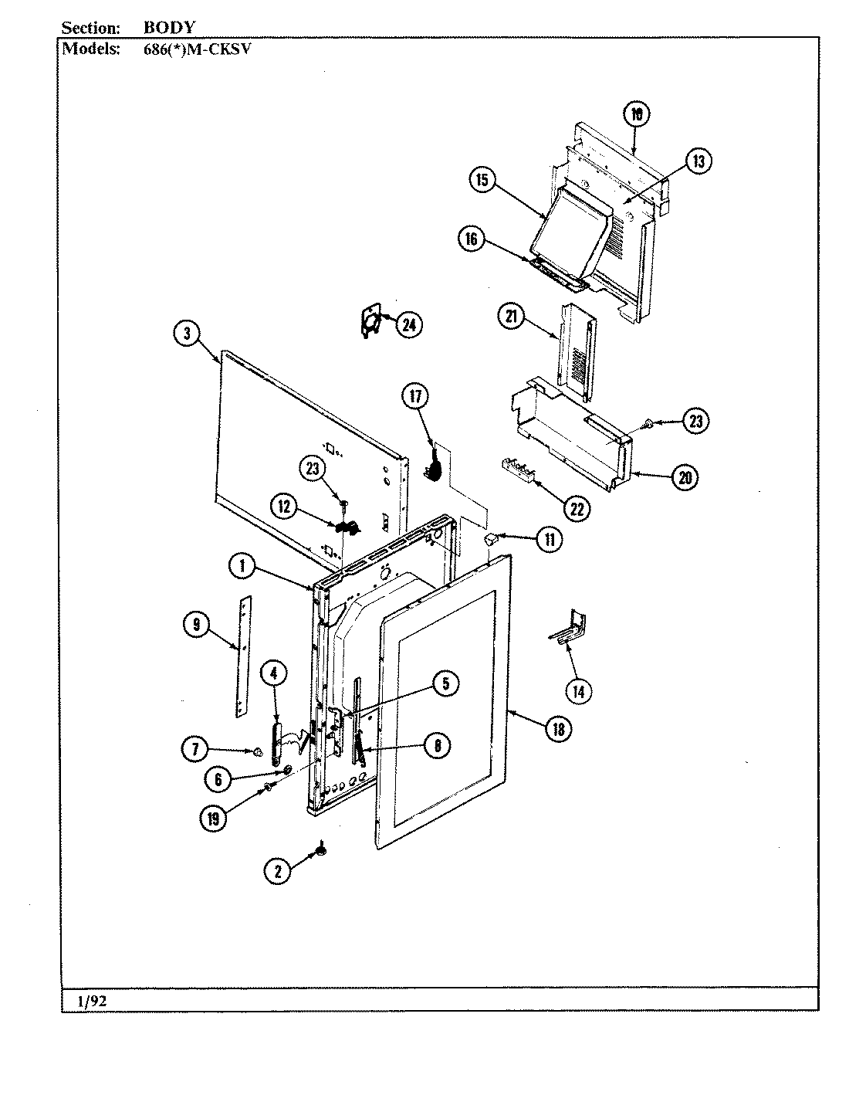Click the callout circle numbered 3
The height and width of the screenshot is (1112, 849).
coord(186,334)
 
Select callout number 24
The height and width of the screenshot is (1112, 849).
coord(409,325)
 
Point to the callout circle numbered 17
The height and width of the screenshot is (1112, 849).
coord(414,396)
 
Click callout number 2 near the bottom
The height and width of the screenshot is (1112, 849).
coord(278,871)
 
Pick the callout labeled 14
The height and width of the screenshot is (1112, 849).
coord(578,691)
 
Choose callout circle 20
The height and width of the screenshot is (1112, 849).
coord(685,478)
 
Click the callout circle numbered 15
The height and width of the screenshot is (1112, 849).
coord(482,180)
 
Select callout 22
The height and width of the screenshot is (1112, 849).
coord(577,508)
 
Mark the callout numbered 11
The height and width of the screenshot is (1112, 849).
coord(549,539)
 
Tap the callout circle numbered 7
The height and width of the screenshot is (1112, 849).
coord(194,748)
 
